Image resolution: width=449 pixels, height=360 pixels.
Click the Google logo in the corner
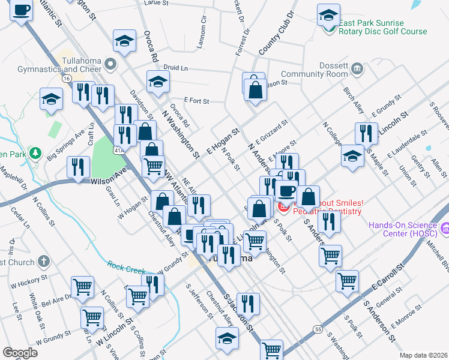point(20,353)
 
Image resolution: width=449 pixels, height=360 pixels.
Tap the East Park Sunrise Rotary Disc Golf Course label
point(382,28)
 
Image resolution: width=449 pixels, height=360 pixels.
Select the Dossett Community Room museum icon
point(357,68)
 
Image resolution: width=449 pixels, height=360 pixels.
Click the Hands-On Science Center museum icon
point(445,228)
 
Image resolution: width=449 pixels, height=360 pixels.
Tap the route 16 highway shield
point(66,78)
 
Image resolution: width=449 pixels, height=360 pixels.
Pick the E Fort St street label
point(196,101)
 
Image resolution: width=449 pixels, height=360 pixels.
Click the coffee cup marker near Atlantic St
point(22,11)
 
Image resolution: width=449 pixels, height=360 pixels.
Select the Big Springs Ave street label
point(66,148)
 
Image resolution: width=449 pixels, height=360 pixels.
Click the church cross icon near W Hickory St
point(43,260)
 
